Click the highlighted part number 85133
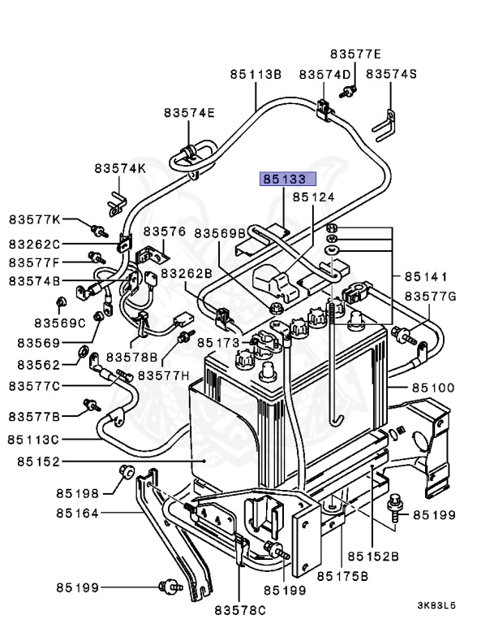click(x=288, y=179)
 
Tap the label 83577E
click(x=355, y=54)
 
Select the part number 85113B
click(x=256, y=75)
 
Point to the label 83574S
click(x=391, y=74)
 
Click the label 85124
click(x=314, y=197)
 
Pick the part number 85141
click(x=426, y=276)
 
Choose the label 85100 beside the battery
click(x=433, y=388)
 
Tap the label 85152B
click(x=373, y=556)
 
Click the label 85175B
click(x=342, y=576)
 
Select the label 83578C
click(x=240, y=610)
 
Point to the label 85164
click(x=77, y=513)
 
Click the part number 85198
click(x=77, y=493)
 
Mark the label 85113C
click(x=33, y=440)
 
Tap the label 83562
click(x=39, y=365)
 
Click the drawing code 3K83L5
click(x=436, y=605)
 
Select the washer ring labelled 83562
click(x=84, y=351)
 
